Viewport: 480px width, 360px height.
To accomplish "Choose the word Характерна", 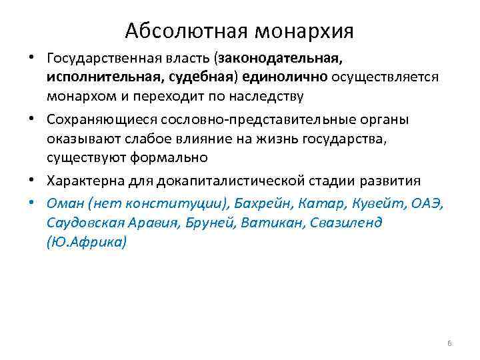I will [88, 180].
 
